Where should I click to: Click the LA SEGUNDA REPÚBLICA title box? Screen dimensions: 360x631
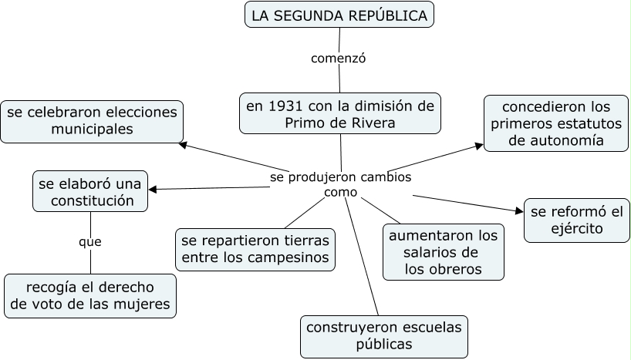[339, 15]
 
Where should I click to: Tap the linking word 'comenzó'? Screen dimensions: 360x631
[337, 58]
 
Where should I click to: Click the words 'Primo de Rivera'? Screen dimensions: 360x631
[339, 123]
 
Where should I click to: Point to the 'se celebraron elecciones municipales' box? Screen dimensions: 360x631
[92, 121]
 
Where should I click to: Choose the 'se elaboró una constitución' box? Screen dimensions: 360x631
[89, 192]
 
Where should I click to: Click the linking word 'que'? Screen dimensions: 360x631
[89, 242]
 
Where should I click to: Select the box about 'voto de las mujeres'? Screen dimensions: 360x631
[90, 296]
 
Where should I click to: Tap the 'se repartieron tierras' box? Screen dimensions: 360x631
[255, 248]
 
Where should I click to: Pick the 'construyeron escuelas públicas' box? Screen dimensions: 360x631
[384, 336]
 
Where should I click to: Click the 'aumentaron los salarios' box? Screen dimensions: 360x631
[444, 251]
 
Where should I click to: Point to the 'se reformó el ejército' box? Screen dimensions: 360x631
[576, 220]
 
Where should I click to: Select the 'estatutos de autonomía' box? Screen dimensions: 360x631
[556, 123]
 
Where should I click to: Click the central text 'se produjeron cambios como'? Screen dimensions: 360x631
[340, 184]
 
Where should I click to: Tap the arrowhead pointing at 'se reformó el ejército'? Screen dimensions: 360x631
[519, 209]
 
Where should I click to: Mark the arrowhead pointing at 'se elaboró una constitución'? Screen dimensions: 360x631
[154, 189]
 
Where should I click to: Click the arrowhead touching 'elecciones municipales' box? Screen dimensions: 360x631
[183, 143]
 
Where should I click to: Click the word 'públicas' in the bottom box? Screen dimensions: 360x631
[384, 345]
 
